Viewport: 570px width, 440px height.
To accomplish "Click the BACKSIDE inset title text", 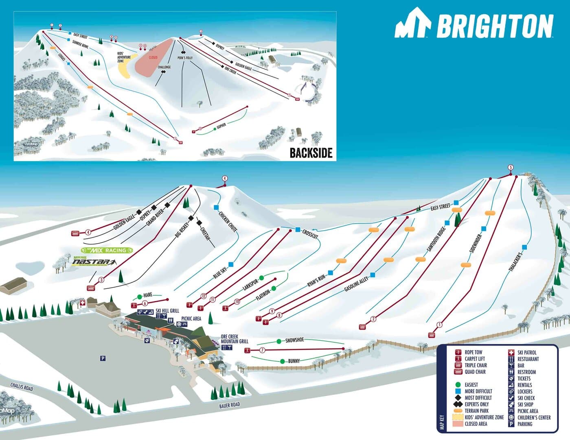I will [311, 153].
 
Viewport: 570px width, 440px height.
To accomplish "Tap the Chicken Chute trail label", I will [228, 221].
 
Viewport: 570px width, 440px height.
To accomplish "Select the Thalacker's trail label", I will [515, 261].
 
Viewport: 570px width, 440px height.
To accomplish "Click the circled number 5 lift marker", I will [511, 167].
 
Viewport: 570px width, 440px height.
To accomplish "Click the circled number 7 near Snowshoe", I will [263, 350].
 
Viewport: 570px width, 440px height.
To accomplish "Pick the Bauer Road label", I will [229, 405].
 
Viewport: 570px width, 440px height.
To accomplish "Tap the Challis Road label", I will [22, 387].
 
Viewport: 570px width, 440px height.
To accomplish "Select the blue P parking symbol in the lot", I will [103, 358].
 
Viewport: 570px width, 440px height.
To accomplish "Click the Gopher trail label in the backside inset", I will [221, 126].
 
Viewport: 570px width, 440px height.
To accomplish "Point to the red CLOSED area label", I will [153, 57].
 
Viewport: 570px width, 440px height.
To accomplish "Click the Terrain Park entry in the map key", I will [476, 411].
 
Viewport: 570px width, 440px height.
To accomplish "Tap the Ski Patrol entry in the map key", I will [527, 353].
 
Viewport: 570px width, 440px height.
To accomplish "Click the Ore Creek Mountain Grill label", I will [234, 339].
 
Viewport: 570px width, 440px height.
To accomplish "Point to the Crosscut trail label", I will [310, 234].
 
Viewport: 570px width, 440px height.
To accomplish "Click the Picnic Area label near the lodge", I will [191, 318].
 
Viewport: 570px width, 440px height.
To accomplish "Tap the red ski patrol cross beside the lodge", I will [83, 303].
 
